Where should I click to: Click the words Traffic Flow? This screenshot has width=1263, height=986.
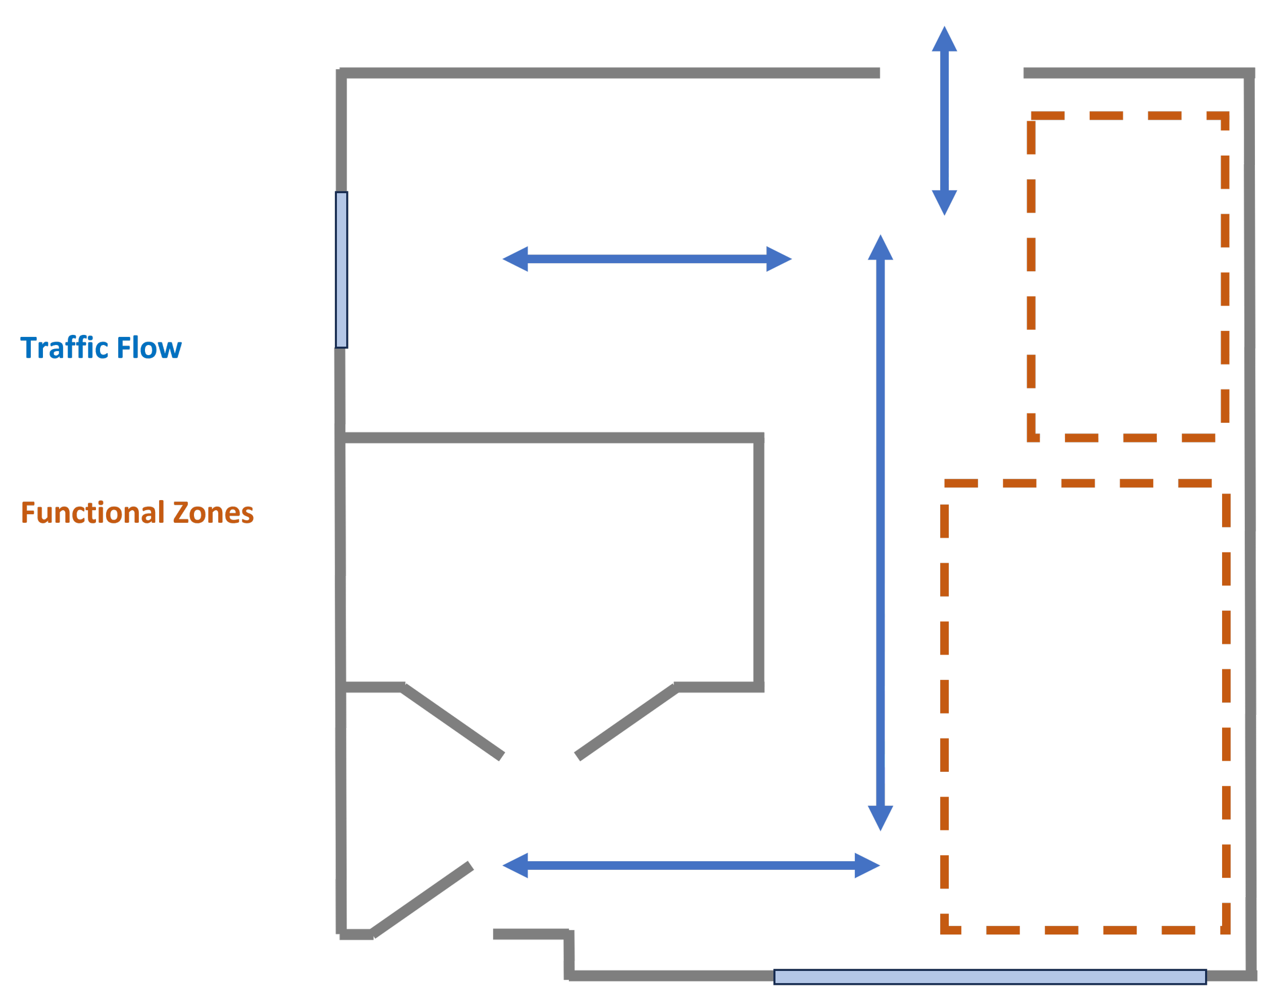101,348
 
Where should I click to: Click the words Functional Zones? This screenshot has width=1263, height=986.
137,512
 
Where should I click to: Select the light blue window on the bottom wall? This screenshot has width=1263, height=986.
990,977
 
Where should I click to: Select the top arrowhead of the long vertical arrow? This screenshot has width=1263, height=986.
881,248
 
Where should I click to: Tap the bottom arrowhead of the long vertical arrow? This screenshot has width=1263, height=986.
881,818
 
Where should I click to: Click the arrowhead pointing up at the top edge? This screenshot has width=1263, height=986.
944,39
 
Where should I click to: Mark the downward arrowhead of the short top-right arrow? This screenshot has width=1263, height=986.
944,203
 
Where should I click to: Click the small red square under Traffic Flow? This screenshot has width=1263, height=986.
72,366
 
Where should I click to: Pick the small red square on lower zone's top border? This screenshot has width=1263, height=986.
994,495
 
